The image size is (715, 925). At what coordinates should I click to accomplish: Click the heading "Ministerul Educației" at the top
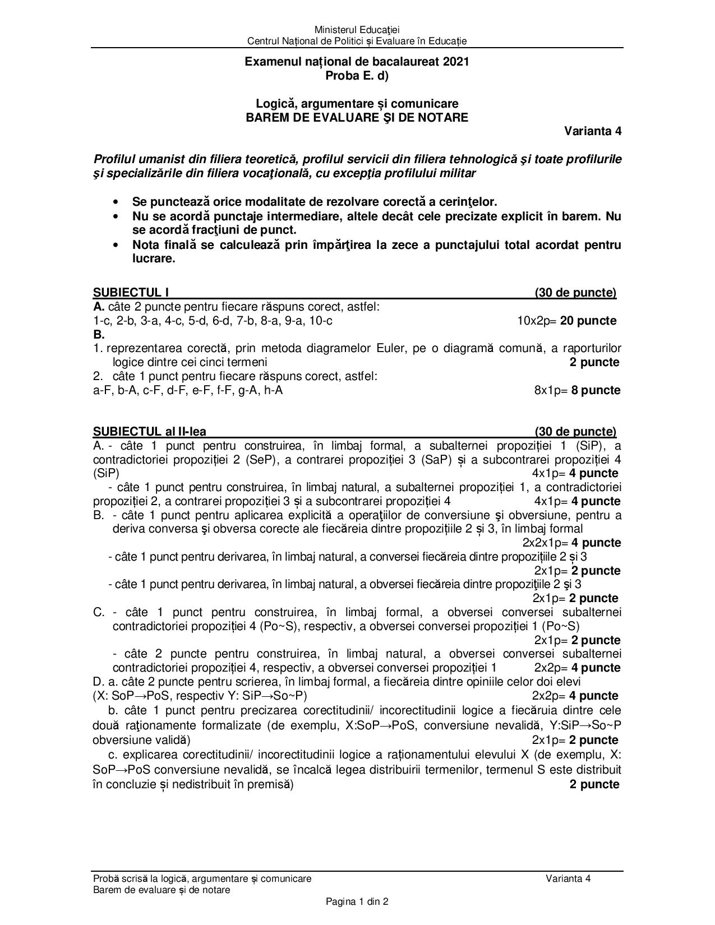pos(357,30)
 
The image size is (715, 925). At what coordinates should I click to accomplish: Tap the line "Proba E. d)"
pos(357,76)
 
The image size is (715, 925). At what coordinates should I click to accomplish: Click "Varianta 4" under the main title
pos(593,131)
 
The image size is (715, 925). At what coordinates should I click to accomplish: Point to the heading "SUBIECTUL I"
pos(131,293)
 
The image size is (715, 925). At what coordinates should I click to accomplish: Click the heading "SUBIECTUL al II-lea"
pos(150,432)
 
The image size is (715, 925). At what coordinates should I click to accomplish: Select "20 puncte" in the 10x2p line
pos(588,321)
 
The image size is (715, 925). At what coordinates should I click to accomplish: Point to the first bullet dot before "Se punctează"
pos(116,202)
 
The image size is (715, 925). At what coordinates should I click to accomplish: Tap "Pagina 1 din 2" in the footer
pos(357,902)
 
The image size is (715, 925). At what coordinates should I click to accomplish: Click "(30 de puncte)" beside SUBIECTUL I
pos(575,293)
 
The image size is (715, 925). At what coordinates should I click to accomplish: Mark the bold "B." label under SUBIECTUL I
pos(99,335)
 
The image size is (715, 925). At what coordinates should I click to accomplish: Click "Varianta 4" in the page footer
pos(568,878)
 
